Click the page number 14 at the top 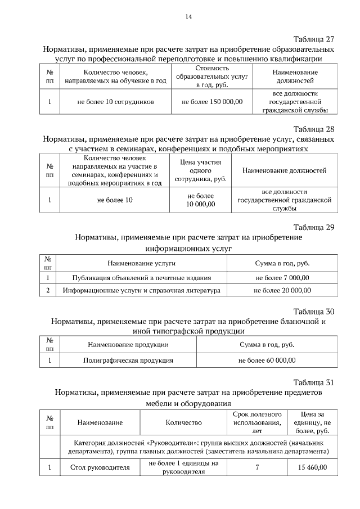coord(189,17)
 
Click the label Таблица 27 coord(314,39)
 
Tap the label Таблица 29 coord(314,227)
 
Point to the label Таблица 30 coord(314,311)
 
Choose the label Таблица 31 coord(314,382)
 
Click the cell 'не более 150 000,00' coord(212,102)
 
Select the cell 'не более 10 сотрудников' coord(115,102)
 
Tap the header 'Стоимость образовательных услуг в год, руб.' coord(212,76)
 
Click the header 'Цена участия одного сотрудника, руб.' coord(201,170)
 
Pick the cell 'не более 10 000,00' coord(201,200)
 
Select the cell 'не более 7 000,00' coord(282,277)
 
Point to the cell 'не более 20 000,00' coord(282,291)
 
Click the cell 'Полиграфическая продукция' coord(128,361)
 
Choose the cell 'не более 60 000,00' coord(267,361)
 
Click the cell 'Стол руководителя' coord(100,467)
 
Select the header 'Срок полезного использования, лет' coord(257,422)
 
